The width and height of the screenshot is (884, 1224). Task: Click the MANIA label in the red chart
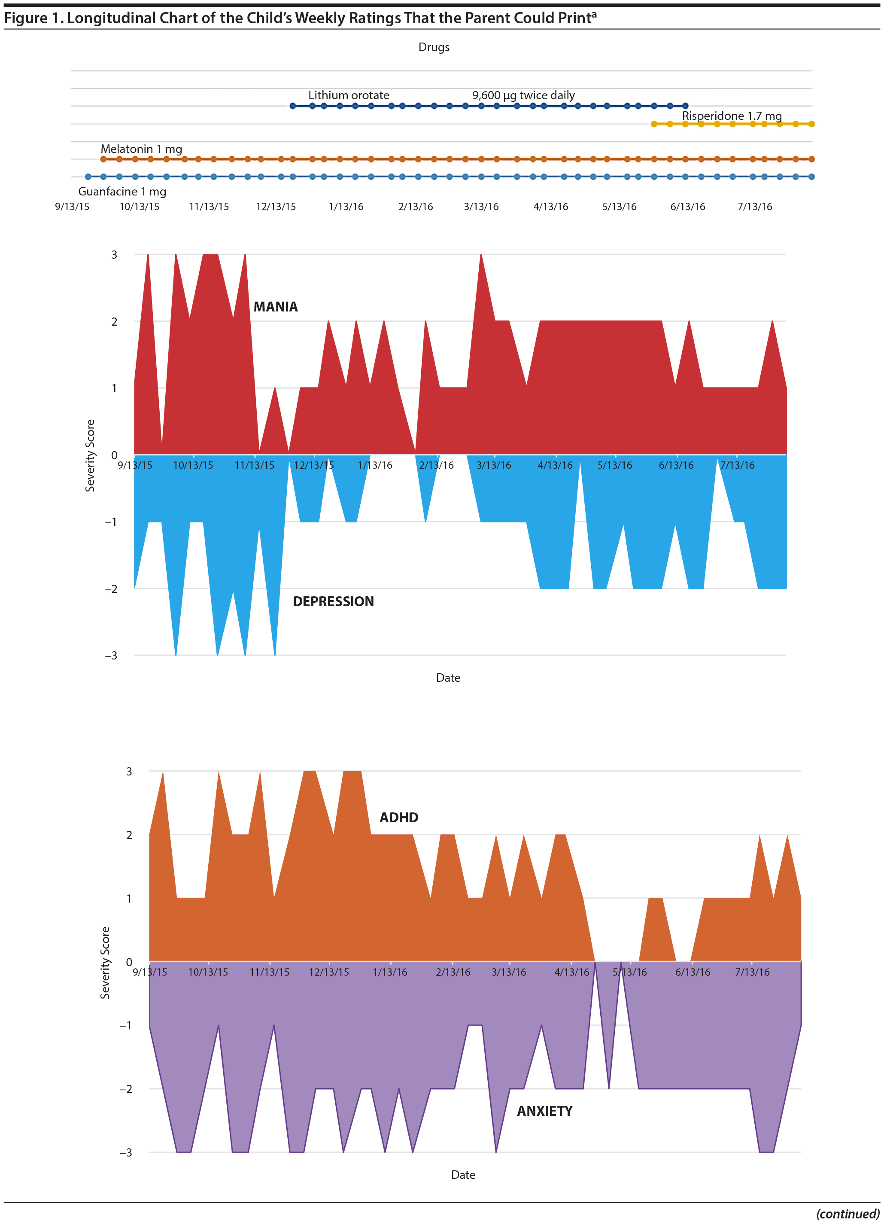tap(275, 307)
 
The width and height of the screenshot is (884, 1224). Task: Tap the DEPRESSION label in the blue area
tap(333, 601)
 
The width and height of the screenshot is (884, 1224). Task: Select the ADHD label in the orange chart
tap(398, 817)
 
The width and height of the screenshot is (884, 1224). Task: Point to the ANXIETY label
tap(544, 1111)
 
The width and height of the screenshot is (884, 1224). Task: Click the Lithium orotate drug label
tap(349, 95)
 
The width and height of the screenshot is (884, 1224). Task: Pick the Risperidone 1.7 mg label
tap(731, 116)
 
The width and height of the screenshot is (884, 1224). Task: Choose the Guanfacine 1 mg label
tap(122, 191)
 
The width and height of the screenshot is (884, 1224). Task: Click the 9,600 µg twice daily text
tap(523, 95)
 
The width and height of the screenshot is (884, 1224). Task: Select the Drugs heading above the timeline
tap(434, 47)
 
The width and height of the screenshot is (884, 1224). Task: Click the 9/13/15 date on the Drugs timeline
tap(72, 206)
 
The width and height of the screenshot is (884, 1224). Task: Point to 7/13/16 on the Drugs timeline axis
tap(754, 206)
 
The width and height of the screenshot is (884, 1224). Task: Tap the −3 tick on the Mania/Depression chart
tap(111, 655)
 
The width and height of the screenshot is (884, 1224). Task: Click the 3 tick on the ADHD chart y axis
tap(129, 771)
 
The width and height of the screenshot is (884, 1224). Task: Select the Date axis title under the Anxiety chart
tap(463, 1175)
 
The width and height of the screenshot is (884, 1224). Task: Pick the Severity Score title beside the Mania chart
tap(90, 455)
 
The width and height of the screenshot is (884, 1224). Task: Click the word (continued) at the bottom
tap(848, 1214)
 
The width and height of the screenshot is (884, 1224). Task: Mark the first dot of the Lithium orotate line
tap(293, 106)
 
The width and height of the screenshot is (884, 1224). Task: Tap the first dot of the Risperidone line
tap(654, 124)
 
